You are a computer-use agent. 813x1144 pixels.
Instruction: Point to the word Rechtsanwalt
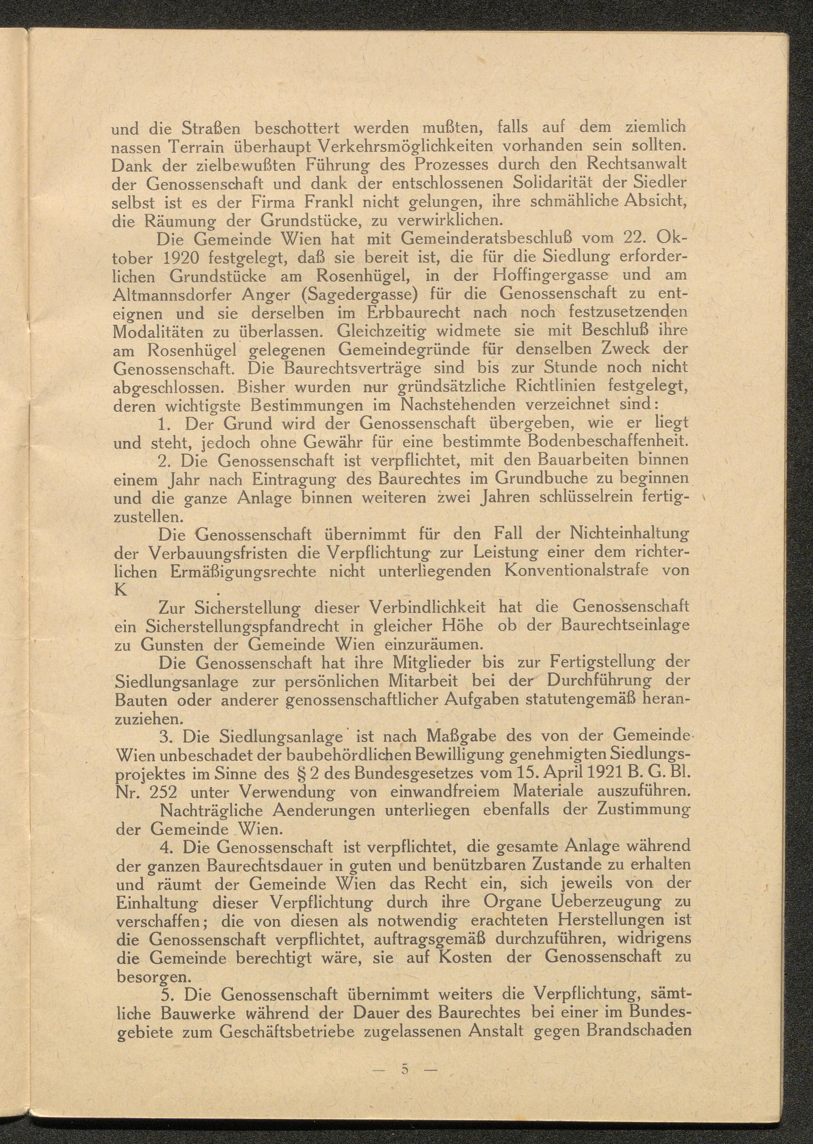[x=637, y=164]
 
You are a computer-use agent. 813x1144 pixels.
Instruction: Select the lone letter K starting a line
[x=121, y=589]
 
